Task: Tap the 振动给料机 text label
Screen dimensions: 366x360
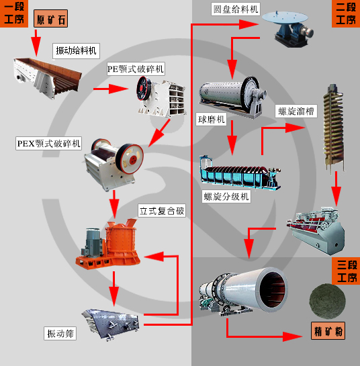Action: click(x=76, y=50)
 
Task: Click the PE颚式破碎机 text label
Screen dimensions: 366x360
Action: click(x=136, y=68)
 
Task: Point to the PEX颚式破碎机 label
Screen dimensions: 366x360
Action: click(x=49, y=143)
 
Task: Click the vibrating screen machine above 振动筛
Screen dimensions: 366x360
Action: click(x=113, y=322)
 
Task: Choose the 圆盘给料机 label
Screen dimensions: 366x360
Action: click(x=235, y=9)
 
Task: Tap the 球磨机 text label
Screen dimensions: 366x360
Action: click(x=211, y=119)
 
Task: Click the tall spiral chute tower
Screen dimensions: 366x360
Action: click(x=332, y=128)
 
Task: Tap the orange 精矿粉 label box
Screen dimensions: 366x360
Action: click(x=329, y=331)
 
